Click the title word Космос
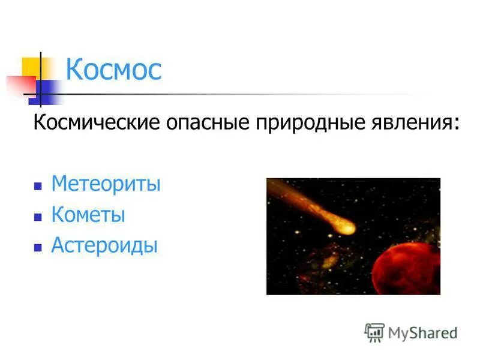(113, 70)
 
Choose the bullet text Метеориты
(106, 183)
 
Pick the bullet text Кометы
(88, 214)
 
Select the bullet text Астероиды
(104, 245)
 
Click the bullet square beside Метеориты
(38, 185)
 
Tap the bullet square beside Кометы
(38, 217)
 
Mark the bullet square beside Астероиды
(38, 247)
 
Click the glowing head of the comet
(345, 227)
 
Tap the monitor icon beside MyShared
(374, 332)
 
